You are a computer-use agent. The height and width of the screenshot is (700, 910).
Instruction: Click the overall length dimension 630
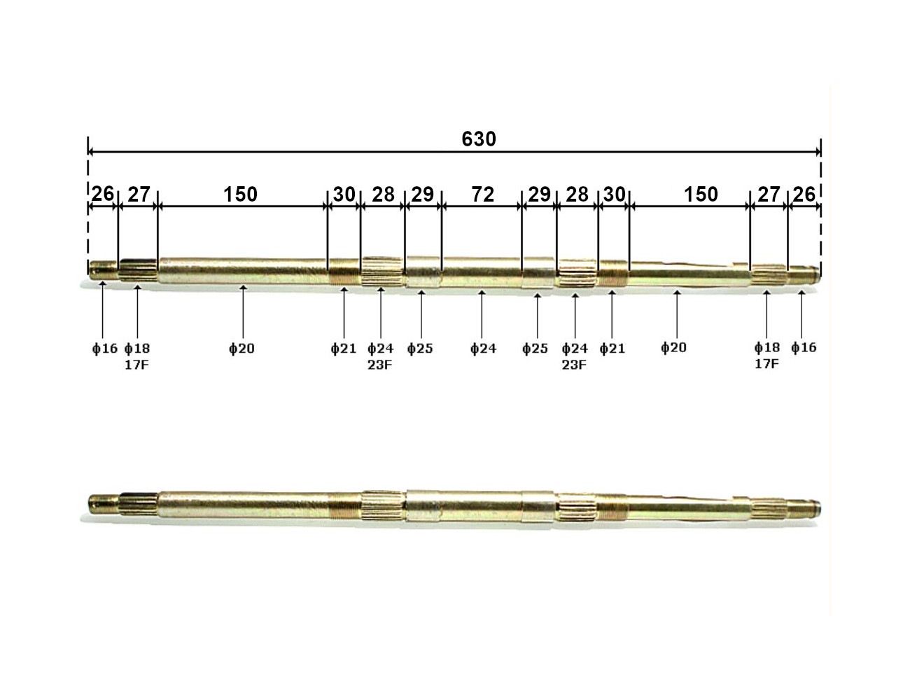tap(478, 139)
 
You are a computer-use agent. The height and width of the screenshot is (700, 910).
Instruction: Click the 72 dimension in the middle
tap(483, 195)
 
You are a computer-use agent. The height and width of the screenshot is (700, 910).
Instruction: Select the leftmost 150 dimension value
tap(240, 195)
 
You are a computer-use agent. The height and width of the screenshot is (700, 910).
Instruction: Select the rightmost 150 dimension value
tap(701, 195)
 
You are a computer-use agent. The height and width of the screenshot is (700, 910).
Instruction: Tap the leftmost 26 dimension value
tap(103, 194)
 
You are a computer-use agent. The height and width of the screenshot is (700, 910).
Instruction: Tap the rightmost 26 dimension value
tap(804, 194)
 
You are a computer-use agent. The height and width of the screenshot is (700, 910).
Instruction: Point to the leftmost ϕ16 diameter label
tap(105, 348)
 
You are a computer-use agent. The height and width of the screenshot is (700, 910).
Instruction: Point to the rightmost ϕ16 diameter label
tap(804, 347)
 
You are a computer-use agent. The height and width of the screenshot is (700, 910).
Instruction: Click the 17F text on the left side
tap(137, 365)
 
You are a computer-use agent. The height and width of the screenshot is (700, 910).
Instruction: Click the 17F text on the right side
tap(766, 364)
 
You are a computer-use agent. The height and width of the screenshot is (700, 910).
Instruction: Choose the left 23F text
tap(379, 365)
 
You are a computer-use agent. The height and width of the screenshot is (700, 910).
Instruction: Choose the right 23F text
tap(574, 365)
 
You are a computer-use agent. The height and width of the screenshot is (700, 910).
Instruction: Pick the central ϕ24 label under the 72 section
tap(483, 348)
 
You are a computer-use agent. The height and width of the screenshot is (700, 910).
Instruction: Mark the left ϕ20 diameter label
tap(241, 348)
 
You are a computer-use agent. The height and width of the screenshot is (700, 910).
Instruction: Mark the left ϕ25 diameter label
tap(420, 348)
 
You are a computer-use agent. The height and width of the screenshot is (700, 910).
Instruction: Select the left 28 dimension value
tap(383, 195)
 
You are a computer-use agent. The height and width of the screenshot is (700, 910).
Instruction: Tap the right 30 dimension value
tap(614, 195)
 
